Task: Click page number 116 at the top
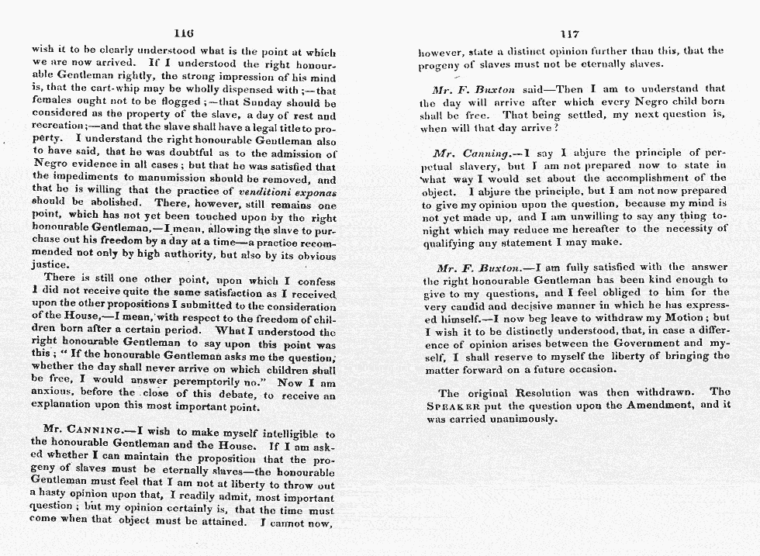[x=184, y=33]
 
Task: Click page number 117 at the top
[x=570, y=34]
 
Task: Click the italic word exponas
[x=311, y=191]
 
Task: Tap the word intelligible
[x=292, y=434]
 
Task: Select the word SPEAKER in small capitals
[x=454, y=406]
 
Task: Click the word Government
[x=638, y=343]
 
